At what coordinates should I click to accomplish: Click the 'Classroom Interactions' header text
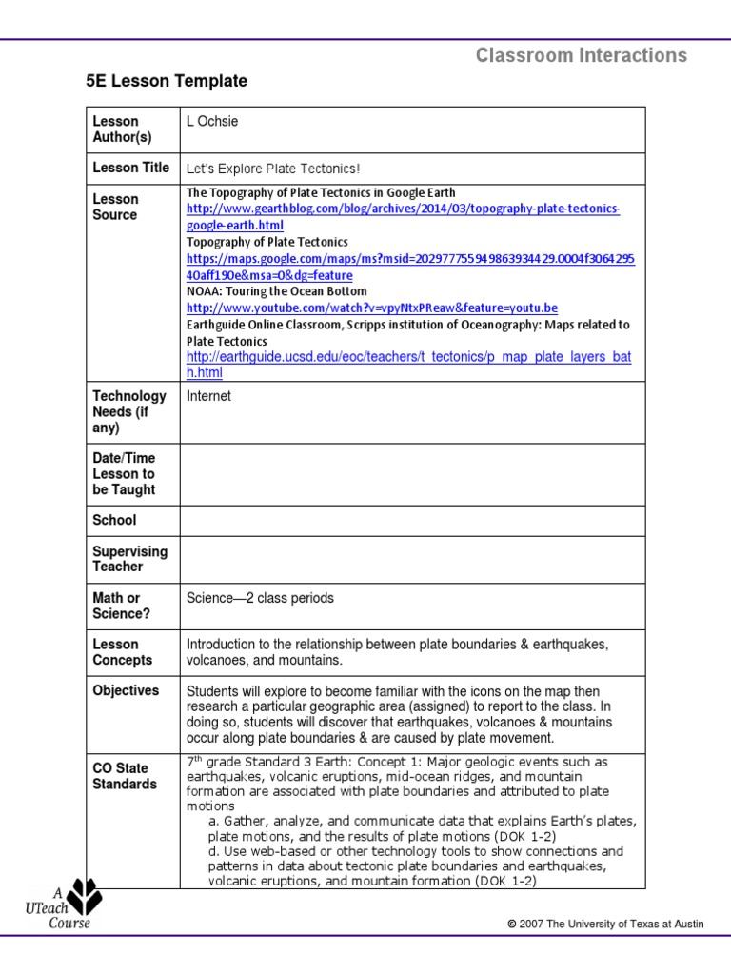[x=581, y=55]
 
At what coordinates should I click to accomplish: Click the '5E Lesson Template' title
[x=167, y=82]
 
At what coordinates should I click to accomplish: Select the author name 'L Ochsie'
[x=212, y=121]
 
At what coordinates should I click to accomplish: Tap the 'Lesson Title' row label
[x=130, y=168]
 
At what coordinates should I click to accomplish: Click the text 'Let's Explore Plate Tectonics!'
[x=273, y=169]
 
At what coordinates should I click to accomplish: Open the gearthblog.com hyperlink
[x=403, y=216]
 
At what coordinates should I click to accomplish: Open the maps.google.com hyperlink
[x=410, y=267]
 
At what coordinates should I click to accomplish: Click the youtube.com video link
[x=371, y=308]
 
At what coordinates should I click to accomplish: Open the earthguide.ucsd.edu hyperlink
[x=408, y=365]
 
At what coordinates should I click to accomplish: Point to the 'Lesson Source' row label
[x=115, y=207]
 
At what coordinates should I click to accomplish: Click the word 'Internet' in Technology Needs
[x=208, y=396]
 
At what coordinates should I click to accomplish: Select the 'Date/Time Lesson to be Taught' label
[x=124, y=473]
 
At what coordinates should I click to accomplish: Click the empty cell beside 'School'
[x=412, y=520]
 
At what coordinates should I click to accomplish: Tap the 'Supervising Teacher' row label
[x=129, y=559]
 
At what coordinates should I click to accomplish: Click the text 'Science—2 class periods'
[x=260, y=598]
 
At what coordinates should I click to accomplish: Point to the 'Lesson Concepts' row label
[x=122, y=652]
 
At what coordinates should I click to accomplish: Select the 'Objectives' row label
[x=126, y=690]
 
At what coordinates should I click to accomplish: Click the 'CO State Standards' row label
[x=125, y=776]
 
